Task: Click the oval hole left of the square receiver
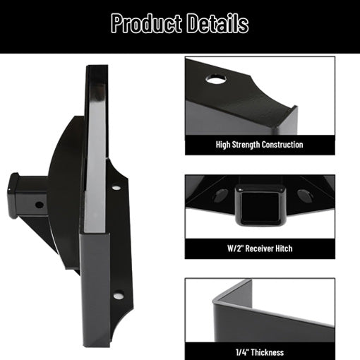point(220,196)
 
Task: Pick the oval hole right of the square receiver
point(305,196)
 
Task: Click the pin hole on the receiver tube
point(38,205)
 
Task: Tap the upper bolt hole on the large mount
point(116,188)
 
